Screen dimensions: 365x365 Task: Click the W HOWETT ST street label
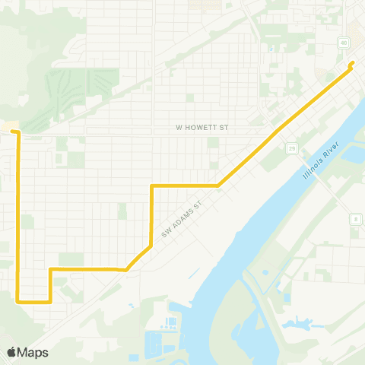click(x=202, y=128)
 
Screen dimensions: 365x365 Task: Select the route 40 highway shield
click(x=344, y=43)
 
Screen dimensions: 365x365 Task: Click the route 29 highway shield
click(x=291, y=148)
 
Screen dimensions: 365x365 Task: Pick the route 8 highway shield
click(x=355, y=219)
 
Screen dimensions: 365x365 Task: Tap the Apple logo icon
click(x=12, y=352)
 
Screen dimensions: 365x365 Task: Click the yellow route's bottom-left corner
click(x=18, y=301)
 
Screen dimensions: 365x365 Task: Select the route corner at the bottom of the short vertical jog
click(x=50, y=301)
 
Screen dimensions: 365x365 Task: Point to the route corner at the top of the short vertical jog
click(x=50, y=269)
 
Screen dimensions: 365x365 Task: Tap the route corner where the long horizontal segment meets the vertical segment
click(x=153, y=186)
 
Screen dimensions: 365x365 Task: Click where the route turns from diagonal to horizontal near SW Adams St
click(x=125, y=269)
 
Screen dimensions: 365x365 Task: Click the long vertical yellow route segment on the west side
click(x=17, y=221)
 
